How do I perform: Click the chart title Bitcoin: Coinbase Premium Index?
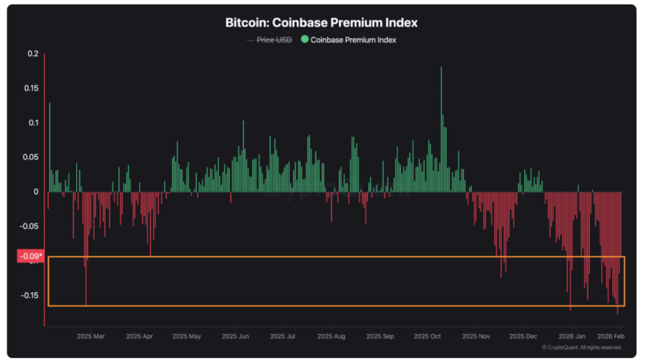point(321,23)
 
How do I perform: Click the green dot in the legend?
point(305,40)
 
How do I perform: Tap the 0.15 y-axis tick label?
point(30,88)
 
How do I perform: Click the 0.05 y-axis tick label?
point(30,157)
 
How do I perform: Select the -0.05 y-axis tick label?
point(29,226)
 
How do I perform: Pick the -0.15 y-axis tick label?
point(29,295)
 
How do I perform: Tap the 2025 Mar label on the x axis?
point(90,337)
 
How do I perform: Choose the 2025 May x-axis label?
point(186,337)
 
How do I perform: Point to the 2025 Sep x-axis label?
point(380,337)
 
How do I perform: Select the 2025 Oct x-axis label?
point(427,337)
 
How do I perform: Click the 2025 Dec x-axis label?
point(523,337)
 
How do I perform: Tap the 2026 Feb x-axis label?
point(611,337)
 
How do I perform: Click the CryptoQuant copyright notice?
point(581,347)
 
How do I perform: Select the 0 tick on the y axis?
point(35,191)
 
